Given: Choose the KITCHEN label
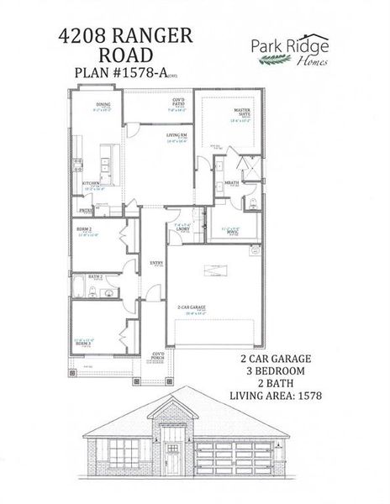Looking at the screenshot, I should click(x=92, y=182).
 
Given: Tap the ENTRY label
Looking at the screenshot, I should click(x=156, y=263).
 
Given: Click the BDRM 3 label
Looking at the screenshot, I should click(x=82, y=343).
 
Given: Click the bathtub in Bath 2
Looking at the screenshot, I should click(x=80, y=291).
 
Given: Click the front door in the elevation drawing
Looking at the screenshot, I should click(x=172, y=459).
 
